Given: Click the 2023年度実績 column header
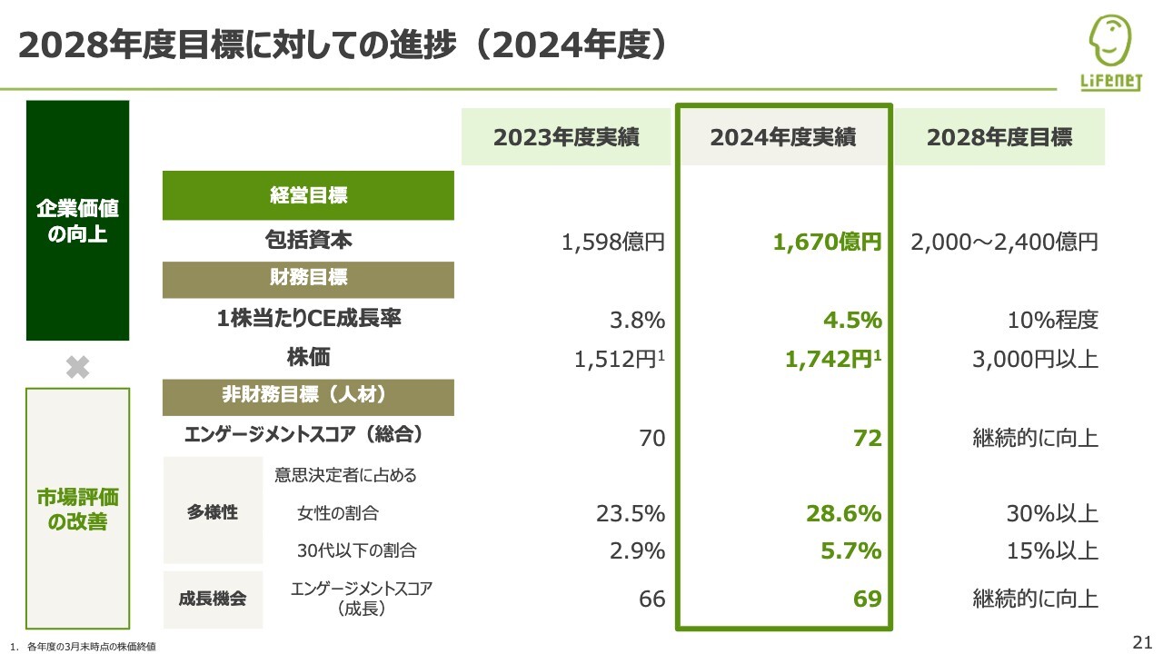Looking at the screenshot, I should point(566,137).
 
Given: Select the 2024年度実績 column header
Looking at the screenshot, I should point(782,137).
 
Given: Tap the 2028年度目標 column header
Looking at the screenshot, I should point(999,137).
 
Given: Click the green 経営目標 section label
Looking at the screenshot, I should point(308,195).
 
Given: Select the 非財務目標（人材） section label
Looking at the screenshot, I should point(308,396).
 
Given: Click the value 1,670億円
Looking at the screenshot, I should point(827,243).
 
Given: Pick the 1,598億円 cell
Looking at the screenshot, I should point(613,243).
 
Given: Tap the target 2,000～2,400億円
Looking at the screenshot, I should point(1005,243).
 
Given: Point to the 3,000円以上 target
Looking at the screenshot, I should point(1035,359).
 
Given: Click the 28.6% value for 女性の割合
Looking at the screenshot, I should point(843,513).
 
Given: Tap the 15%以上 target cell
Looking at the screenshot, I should point(1052,550).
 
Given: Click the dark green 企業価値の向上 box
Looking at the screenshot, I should point(78,221).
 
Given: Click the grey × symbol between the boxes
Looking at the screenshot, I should point(78,367).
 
